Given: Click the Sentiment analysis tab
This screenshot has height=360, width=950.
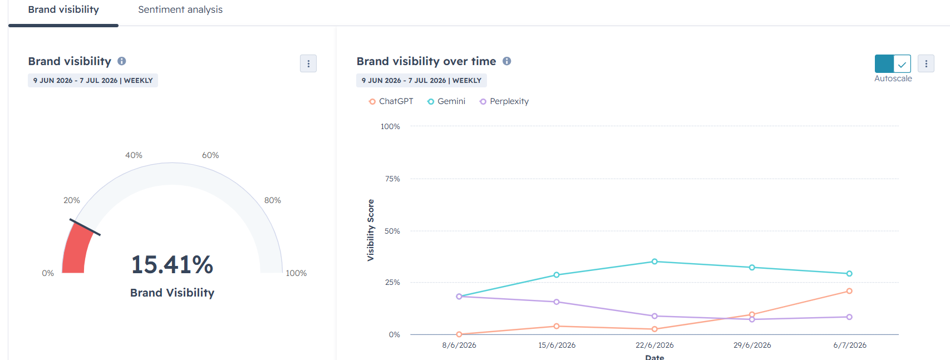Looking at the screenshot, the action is (180, 9).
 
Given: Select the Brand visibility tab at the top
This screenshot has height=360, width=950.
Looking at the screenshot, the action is (63, 9).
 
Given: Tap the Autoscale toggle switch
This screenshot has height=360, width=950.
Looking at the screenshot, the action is (893, 63).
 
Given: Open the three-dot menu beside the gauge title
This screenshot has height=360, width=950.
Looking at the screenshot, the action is (308, 63).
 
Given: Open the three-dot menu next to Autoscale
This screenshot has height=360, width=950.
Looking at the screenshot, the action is (926, 63).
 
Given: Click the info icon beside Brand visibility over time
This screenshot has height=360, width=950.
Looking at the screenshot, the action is (507, 61).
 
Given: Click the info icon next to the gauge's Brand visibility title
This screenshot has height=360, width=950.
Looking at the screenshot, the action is (122, 61).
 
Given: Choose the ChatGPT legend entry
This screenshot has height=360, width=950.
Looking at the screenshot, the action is (391, 101).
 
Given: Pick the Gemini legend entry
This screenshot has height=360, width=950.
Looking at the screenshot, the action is (446, 101).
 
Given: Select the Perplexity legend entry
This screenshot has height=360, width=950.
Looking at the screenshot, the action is (504, 101).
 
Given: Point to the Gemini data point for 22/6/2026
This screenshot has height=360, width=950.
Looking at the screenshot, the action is (654, 262).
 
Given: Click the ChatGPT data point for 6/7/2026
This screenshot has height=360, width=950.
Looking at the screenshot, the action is (849, 291).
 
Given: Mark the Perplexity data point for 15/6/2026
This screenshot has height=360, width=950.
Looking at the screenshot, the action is (557, 302).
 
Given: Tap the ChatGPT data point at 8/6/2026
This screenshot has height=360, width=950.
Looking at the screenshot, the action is (459, 334).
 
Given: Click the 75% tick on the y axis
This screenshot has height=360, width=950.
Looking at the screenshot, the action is (392, 179).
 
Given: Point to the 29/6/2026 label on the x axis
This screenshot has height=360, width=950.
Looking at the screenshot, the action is (752, 345).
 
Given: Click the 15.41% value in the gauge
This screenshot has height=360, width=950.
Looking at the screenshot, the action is (172, 265).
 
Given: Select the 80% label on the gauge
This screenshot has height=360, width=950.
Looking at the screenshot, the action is (272, 200).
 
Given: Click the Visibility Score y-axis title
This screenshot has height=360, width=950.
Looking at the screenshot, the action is (371, 230).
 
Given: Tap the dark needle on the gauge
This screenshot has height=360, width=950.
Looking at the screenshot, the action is (85, 227).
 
